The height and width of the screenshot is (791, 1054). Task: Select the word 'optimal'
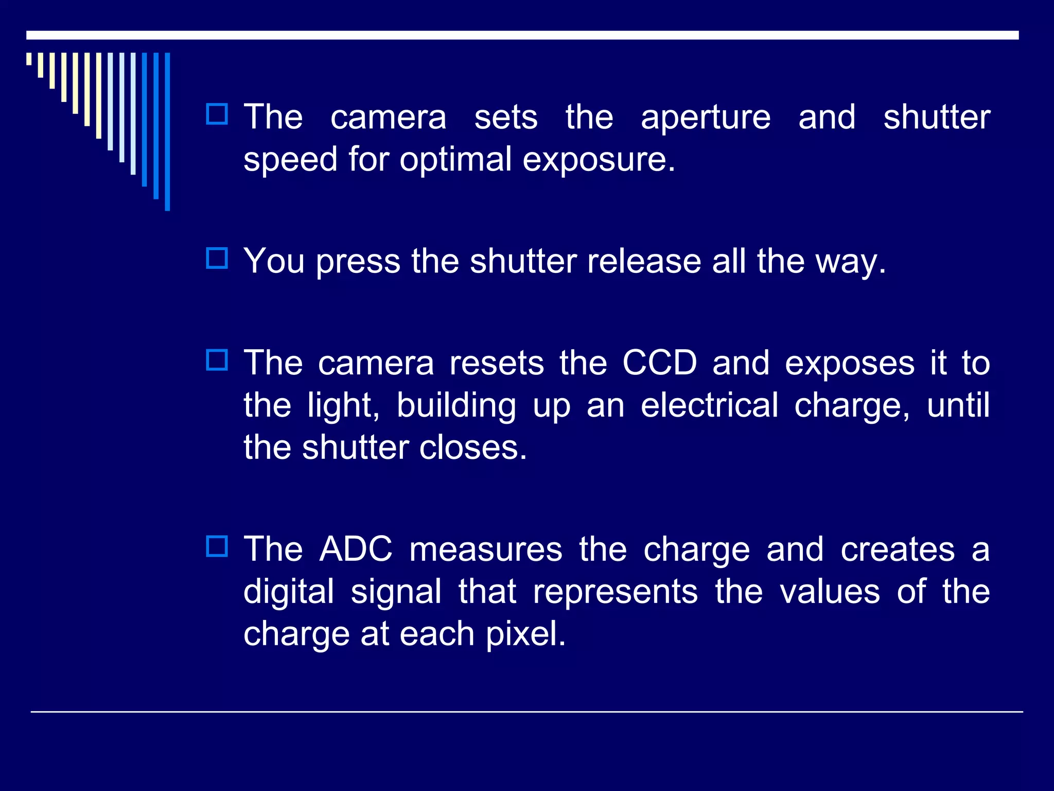pyautogui.click(x=455, y=160)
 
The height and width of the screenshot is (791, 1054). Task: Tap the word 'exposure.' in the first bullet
pyautogui.click(x=599, y=160)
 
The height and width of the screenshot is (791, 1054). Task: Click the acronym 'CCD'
pyautogui.click(x=659, y=363)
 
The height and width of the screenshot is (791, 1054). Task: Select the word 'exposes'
pyautogui.click(x=850, y=364)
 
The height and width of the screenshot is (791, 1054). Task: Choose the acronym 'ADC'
pyautogui.click(x=356, y=549)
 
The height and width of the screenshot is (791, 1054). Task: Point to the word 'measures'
pyautogui.click(x=486, y=549)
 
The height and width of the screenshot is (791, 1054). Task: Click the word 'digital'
pyautogui.click(x=289, y=592)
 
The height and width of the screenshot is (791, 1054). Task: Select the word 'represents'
pyautogui.click(x=616, y=592)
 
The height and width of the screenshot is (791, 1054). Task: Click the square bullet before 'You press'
pyautogui.click(x=217, y=258)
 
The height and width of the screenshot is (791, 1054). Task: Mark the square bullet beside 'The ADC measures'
pyautogui.click(x=217, y=546)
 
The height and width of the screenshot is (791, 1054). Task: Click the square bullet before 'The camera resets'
pyautogui.click(x=217, y=360)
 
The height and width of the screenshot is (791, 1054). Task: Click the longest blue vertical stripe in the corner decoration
pyautogui.click(x=167, y=131)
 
